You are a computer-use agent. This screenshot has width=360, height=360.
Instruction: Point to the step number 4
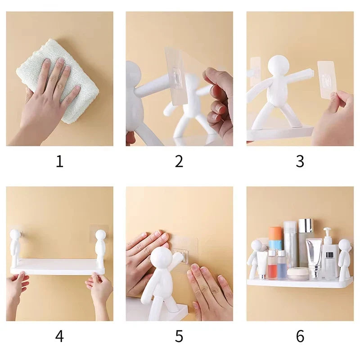click(59, 336)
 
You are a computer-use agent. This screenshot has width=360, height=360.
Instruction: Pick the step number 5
click(179, 336)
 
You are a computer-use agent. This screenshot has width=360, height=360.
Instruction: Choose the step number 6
click(300, 336)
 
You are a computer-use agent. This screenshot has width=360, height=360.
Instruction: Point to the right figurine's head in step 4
click(101, 235)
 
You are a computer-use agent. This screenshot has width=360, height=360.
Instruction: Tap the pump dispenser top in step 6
click(328, 234)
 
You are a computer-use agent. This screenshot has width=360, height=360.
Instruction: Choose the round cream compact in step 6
click(297, 274)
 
